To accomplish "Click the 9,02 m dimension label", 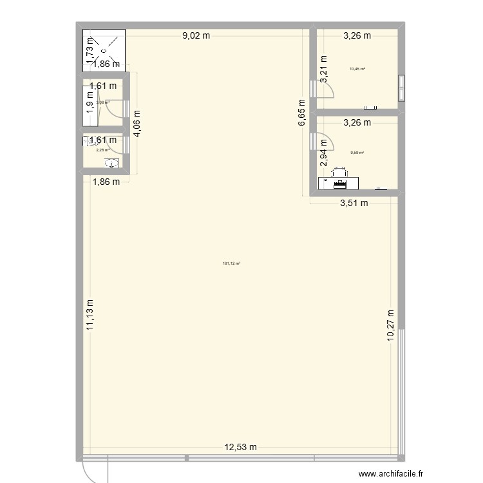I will tap(196, 36).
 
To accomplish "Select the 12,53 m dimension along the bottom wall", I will tap(241, 447).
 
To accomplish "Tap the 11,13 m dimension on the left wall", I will tap(90, 315).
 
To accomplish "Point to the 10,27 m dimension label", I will tap(390, 328).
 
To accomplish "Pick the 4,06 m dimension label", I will tap(137, 124).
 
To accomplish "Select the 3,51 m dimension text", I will tap(354, 204).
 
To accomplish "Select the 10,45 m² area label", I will tap(357, 69).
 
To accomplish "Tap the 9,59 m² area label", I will tap(357, 153).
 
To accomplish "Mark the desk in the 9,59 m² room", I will tap(338, 184).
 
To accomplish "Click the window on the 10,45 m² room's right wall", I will tap(401, 89).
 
